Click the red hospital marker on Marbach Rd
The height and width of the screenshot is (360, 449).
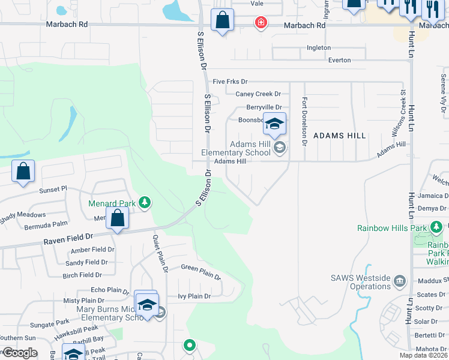(x=261, y=23)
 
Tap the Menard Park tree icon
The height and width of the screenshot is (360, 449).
(x=144, y=203)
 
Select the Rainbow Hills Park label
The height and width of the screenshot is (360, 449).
(x=391, y=228)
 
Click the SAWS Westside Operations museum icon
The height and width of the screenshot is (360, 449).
(x=401, y=281)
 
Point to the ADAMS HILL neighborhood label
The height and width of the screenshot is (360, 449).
(x=340, y=136)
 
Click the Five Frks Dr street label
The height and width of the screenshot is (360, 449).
(x=230, y=82)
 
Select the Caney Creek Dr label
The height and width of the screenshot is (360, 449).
(x=258, y=94)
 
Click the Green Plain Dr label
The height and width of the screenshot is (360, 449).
(x=201, y=272)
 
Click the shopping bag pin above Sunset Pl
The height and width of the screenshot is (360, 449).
(x=23, y=172)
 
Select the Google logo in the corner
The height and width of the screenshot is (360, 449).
(x=19, y=353)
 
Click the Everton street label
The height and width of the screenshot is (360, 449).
(x=339, y=60)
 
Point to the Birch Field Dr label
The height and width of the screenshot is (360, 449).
(x=82, y=275)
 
